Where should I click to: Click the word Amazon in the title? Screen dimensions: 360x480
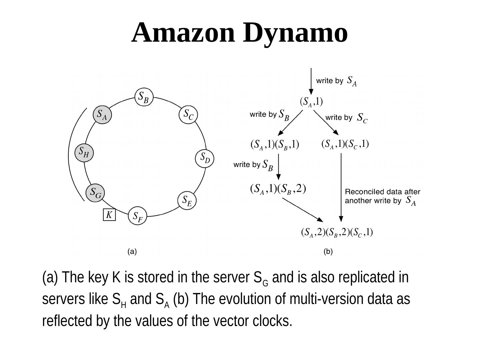(183, 33)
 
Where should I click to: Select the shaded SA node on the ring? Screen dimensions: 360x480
(102, 115)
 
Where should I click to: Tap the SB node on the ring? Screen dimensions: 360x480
(144, 97)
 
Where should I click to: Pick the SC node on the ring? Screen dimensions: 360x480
(188, 115)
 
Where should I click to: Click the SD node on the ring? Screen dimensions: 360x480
(204, 158)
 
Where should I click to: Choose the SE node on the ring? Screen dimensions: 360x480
(187, 201)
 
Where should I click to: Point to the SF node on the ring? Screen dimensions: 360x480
(137, 216)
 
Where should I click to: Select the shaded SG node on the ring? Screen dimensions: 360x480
(95, 193)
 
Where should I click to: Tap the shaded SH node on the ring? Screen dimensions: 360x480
(84, 153)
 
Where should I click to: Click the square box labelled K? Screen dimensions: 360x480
(109, 215)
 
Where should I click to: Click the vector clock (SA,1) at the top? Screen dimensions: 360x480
(311, 102)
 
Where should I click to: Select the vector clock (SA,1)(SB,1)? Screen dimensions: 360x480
(275, 145)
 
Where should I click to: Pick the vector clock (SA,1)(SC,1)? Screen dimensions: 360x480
(345, 144)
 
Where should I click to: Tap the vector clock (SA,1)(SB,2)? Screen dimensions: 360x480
(278, 189)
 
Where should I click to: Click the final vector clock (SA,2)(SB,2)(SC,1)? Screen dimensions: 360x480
(337, 232)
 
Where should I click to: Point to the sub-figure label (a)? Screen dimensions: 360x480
(132, 252)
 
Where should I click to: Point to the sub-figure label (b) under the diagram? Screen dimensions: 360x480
(328, 252)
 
